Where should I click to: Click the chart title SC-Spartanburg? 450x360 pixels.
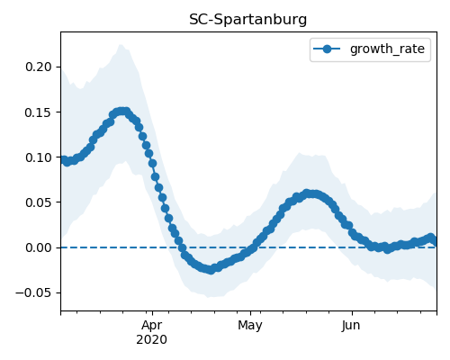(247, 20)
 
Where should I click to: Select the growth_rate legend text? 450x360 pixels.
(387, 49)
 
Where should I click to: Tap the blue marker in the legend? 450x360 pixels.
(327, 49)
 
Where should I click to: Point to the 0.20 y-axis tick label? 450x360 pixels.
(39, 67)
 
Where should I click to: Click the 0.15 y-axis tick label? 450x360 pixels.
(39, 112)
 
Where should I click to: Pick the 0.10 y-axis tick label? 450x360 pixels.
(39, 157)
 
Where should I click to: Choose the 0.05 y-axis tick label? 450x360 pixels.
(39, 202)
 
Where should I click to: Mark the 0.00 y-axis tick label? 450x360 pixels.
(39, 247)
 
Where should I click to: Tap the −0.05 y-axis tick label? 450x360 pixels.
(33, 292)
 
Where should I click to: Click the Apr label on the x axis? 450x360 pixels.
(152, 325)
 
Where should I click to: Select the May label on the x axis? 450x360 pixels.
(250, 325)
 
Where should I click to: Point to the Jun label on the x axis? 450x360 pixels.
(351, 325)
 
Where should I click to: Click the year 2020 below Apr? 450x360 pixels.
(152, 340)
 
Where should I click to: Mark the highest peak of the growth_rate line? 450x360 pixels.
(121, 112)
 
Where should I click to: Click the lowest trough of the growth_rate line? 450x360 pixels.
(211, 270)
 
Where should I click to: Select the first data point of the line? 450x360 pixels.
(63, 159)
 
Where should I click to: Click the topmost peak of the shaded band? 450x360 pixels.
(121, 45)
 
